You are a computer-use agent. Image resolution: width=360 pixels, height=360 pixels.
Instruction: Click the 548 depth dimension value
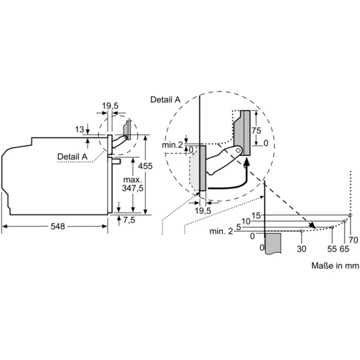point(57,226)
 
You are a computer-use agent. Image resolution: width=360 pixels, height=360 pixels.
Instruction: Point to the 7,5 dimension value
point(129,220)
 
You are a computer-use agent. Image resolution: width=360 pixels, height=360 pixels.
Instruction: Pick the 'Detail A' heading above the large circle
point(165,100)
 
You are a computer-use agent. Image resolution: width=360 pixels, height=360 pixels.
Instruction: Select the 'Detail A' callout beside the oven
point(72,157)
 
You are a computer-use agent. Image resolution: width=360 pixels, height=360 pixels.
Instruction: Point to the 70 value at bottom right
point(354,239)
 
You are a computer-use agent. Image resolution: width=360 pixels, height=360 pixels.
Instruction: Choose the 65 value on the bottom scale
point(344,248)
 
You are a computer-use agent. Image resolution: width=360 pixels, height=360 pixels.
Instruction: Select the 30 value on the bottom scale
point(301,248)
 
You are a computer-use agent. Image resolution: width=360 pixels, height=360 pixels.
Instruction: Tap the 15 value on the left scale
point(256,215)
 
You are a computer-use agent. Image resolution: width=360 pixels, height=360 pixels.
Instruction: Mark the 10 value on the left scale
point(247,221)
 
